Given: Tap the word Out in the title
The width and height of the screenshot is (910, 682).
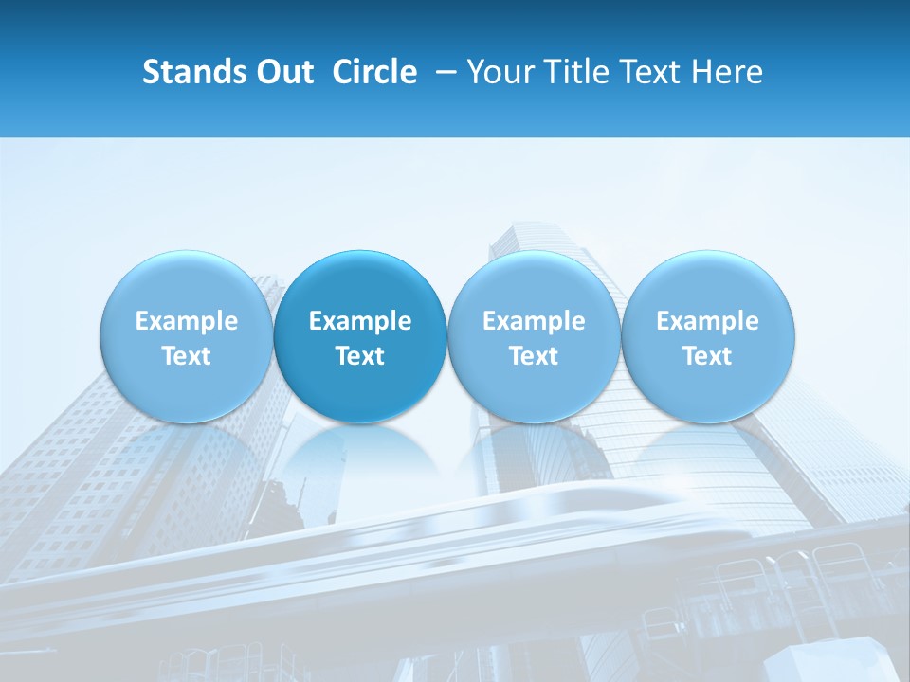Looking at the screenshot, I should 282,72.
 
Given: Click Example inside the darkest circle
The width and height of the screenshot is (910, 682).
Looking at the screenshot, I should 360,321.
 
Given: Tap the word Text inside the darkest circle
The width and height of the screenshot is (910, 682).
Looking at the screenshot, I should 360,356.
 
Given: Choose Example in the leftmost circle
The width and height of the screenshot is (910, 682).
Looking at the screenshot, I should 187,321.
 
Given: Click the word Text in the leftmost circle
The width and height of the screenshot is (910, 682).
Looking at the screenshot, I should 187,356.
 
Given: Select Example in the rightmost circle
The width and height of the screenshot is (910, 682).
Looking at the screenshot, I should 707,321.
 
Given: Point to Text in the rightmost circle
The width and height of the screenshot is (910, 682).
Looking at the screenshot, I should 707,356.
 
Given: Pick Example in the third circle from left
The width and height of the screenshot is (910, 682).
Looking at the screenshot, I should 534,321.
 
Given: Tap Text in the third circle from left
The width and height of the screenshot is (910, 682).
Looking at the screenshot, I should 534,356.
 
